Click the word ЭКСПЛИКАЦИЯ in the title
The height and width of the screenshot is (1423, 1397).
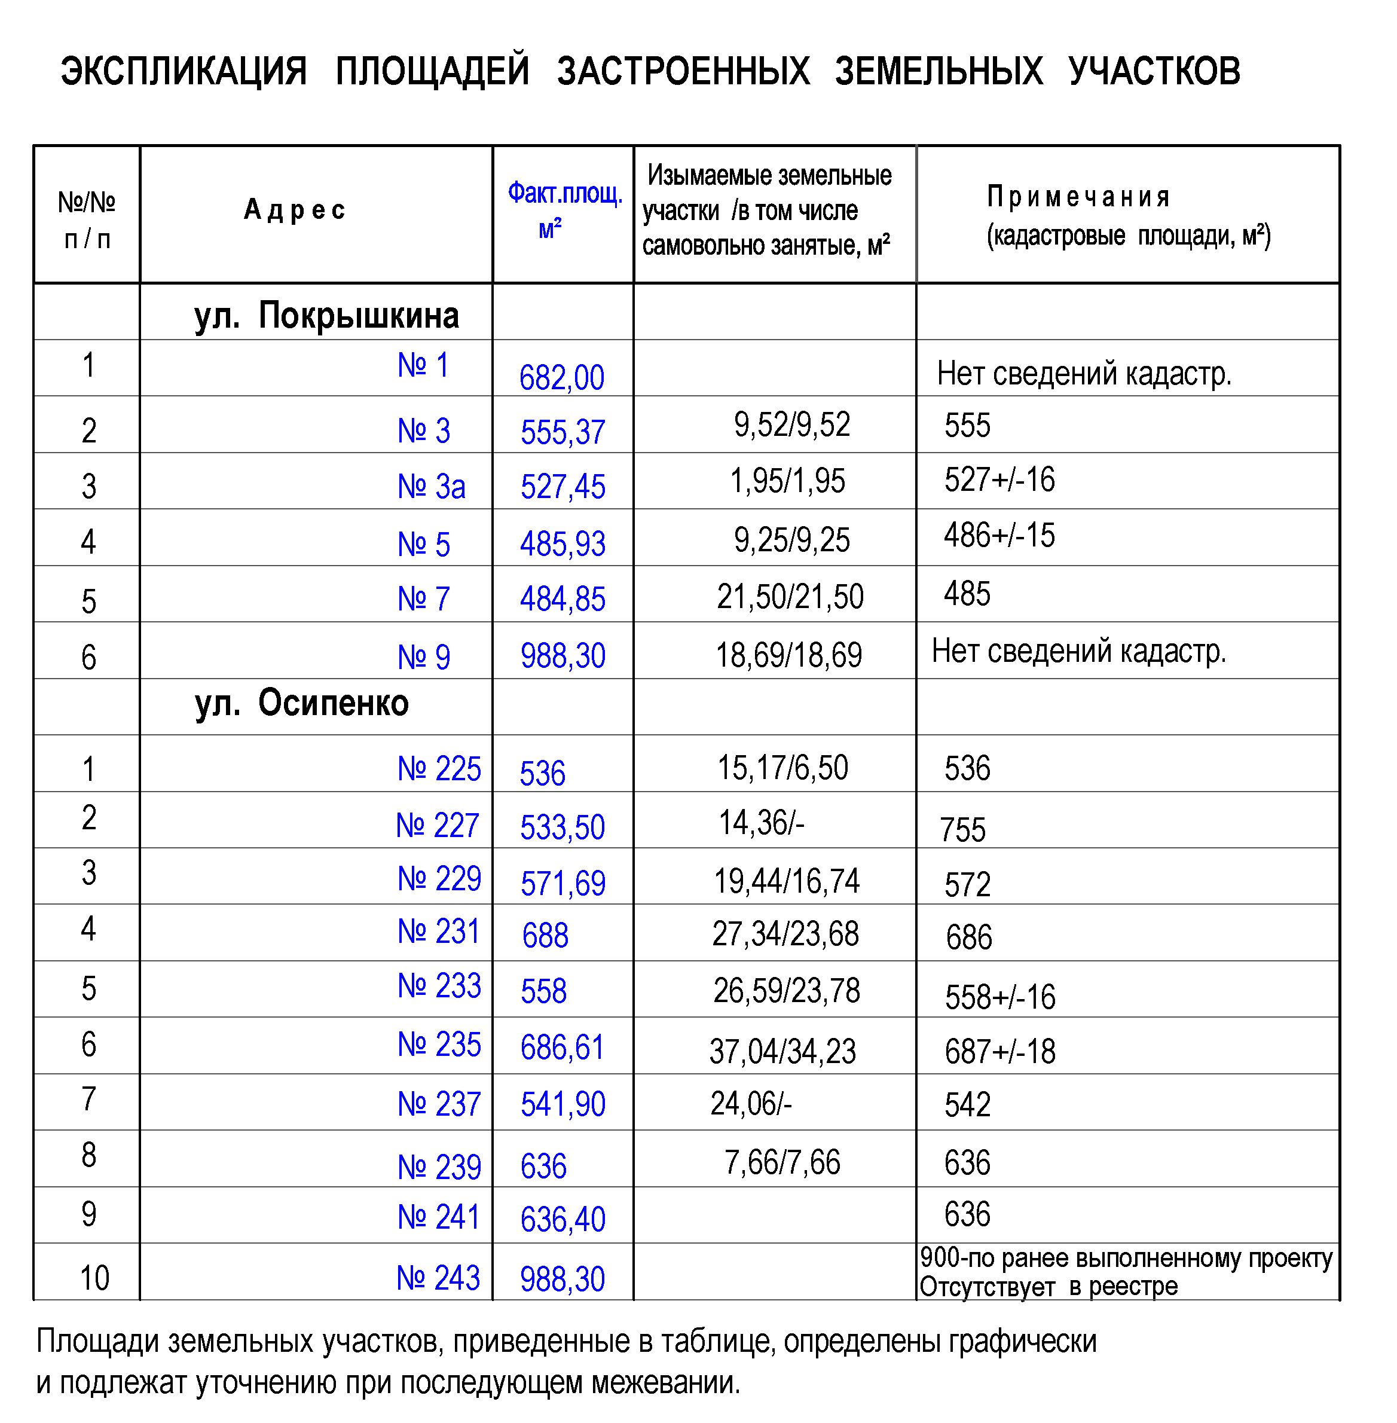tap(184, 72)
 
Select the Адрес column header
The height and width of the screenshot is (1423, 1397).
tap(294, 210)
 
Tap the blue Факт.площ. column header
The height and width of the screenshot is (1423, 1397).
tap(564, 194)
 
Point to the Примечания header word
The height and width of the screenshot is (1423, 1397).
tap(1078, 197)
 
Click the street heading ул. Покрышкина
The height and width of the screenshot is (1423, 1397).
tap(326, 316)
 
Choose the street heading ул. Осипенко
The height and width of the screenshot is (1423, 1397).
tap(301, 703)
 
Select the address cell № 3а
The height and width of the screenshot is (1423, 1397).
tap(432, 487)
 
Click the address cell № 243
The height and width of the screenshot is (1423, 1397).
tap(438, 1278)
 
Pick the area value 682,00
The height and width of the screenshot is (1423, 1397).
tap(562, 377)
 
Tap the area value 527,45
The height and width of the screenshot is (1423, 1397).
tap(563, 487)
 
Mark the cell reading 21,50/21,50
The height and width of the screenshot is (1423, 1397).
tap(790, 597)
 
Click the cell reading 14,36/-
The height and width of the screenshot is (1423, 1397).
tap(762, 823)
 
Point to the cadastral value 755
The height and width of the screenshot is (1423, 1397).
tap(962, 830)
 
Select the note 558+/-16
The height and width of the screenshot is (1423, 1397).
tap(1000, 997)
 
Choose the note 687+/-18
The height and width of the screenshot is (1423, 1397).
tap(1000, 1052)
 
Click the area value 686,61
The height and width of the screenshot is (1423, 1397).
tap(562, 1048)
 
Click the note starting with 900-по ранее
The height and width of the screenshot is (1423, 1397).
tap(1126, 1258)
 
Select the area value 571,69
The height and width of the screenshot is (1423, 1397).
tap(563, 884)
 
